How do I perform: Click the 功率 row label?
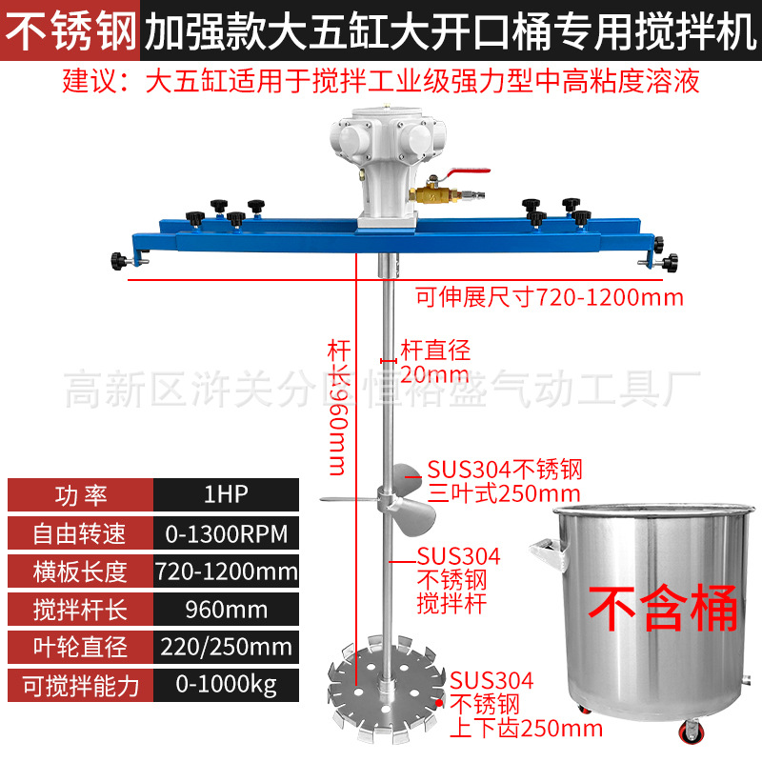click(80, 495)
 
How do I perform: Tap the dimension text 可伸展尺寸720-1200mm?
click(550, 296)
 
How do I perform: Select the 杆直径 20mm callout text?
click(434, 361)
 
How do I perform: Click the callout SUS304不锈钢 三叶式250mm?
click(503, 481)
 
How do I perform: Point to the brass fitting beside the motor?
click(433, 195)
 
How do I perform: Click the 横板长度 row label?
click(80, 572)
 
